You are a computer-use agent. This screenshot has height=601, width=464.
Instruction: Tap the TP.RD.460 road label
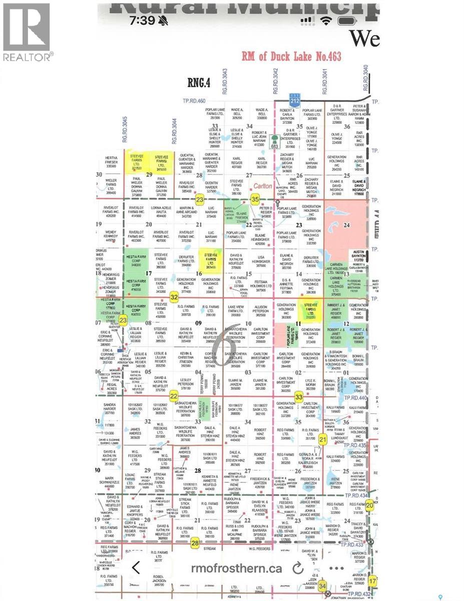tap(194, 101)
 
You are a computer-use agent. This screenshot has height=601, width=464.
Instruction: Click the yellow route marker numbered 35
tap(255, 200)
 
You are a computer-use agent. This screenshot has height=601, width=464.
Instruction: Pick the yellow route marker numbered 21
tap(323, 439)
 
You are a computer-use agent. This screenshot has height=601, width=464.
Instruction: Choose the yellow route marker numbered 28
tap(195, 541)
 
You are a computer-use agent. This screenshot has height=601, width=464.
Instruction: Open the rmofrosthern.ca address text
tap(236, 568)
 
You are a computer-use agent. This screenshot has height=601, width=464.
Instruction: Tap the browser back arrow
tap(135, 567)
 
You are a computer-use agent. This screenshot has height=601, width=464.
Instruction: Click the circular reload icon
tap(298, 568)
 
